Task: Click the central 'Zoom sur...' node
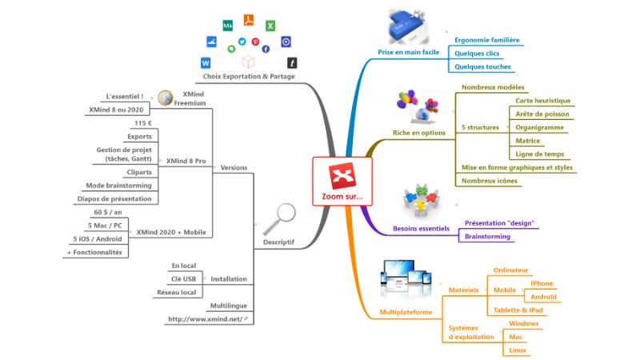point(342,182)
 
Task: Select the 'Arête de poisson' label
point(542,114)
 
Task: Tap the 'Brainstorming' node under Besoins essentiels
point(487,237)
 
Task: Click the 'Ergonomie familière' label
point(486,39)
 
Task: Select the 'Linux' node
point(518,350)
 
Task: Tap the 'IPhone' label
point(542,283)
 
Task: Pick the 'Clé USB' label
point(183,278)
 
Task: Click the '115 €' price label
point(143,123)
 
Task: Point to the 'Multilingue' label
point(227,306)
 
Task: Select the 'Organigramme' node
point(541,127)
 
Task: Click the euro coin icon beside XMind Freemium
point(166,98)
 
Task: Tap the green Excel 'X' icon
point(270,26)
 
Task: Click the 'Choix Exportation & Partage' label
point(249,77)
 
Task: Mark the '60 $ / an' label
point(107,213)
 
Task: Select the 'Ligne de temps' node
point(540,154)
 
